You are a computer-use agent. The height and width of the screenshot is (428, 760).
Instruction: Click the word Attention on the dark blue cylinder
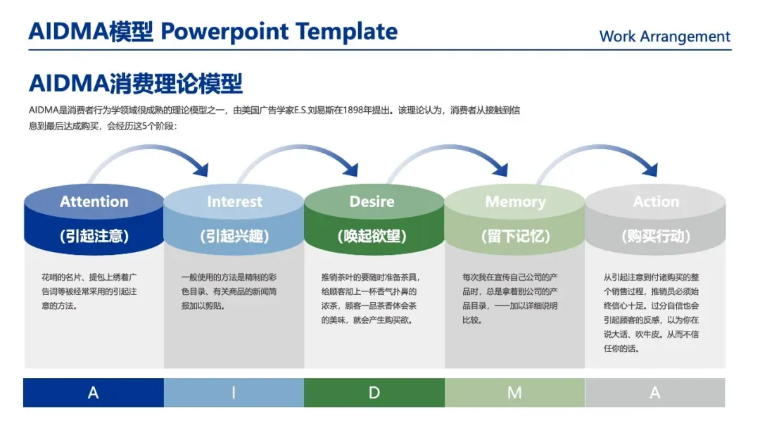[x=94, y=202]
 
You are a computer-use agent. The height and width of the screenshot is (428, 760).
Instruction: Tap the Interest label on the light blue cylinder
[x=234, y=202]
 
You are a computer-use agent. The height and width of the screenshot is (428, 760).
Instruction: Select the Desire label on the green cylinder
[x=372, y=202]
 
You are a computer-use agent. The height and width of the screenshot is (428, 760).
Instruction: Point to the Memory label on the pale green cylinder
[x=515, y=202]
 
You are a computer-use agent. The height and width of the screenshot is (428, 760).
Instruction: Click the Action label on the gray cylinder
[x=656, y=202]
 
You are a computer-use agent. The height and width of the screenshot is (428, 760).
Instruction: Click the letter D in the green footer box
[x=374, y=393]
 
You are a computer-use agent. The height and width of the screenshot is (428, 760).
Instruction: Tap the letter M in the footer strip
[x=514, y=393]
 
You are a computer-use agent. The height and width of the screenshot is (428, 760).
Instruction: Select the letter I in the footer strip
[x=234, y=393]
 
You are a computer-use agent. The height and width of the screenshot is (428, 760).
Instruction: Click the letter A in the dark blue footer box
[x=93, y=393]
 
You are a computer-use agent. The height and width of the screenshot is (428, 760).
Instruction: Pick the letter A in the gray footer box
[x=655, y=393]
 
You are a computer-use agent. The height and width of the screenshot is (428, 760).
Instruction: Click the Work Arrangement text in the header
[x=664, y=37]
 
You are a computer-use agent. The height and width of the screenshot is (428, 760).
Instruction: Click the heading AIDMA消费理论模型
[x=136, y=83]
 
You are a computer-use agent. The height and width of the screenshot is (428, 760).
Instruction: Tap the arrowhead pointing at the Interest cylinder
[x=202, y=169]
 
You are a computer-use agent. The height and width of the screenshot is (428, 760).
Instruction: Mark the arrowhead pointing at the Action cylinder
[x=651, y=170]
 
